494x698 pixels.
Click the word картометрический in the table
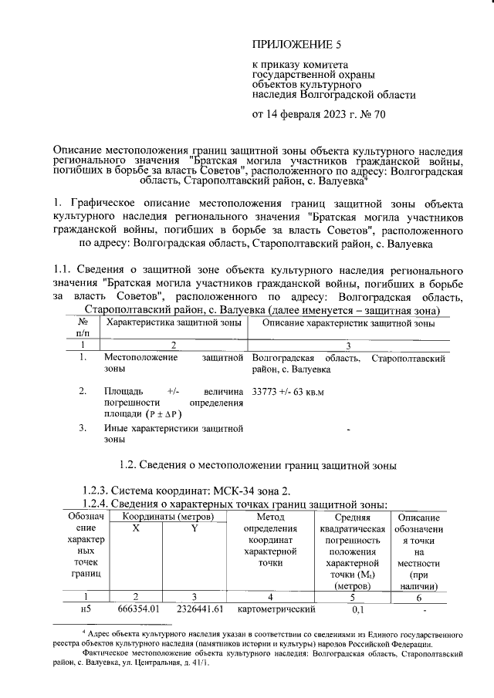click(x=269, y=609)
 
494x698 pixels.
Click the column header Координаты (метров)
click(x=166, y=516)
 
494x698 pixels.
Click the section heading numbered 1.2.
click(x=259, y=465)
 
